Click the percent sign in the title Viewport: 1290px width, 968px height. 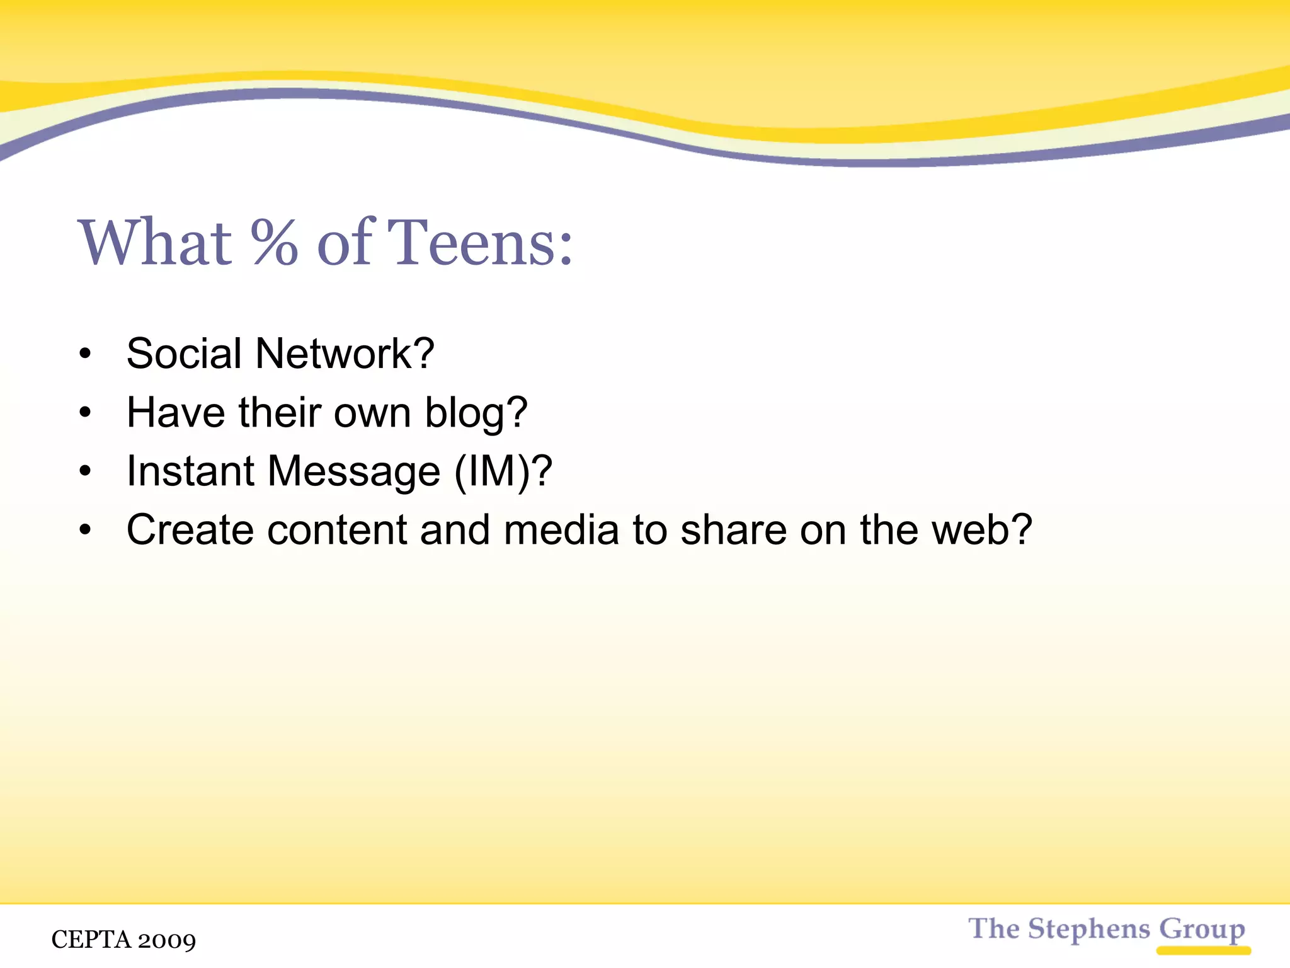click(x=274, y=243)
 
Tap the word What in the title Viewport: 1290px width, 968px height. click(x=155, y=243)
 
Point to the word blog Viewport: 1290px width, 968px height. click(x=476, y=413)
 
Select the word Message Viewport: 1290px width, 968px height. click(x=353, y=472)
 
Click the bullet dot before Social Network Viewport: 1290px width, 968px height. click(x=86, y=354)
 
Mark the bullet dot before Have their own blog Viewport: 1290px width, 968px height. click(x=86, y=413)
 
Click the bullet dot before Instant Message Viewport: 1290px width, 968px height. click(x=86, y=471)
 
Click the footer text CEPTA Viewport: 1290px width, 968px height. click(x=91, y=940)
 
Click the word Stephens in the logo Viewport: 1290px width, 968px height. click(x=1089, y=929)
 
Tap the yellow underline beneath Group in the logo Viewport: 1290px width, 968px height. click(x=1203, y=950)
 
